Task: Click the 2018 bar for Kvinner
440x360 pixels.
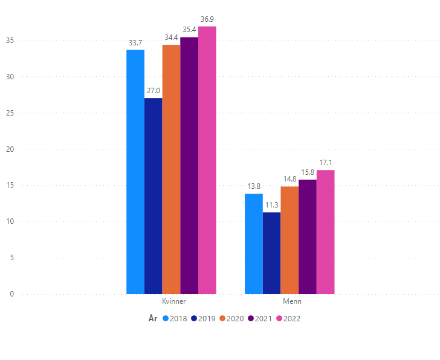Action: pyautogui.click(x=135, y=172)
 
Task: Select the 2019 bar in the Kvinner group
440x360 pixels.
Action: pyautogui.click(x=153, y=196)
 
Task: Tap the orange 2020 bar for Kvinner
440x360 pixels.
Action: pyautogui.click(x=171, y=169)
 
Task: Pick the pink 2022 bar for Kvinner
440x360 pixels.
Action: pyautogui.click(x=207, y=160)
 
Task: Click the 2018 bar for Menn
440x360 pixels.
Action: pyautogui.click(x=253, y=244)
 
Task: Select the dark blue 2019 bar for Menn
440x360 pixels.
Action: pyautogui.click(x=271, y=253)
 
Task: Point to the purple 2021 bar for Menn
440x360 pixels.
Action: pyautogui.click(x=308, y=237)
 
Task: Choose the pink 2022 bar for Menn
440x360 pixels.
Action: pyautogui.click(x=325, y=232)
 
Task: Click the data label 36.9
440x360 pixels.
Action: pyautogui.click(x=208, y=20)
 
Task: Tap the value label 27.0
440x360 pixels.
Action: pyautogui.click(x=154, y=91)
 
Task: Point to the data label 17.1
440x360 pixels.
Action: pyautogui.click(x=326, y=163)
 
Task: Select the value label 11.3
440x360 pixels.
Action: pyautogui.click(x=271, y=205)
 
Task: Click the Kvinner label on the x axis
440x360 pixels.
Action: pyautogui.click(x=173, y=301)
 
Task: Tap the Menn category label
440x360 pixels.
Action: pyautogui.click(x=292, y=301)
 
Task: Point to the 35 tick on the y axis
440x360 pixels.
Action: pyautogui.click(x=10, y=41)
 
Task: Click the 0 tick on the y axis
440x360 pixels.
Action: pyautogui.click(x=11, y=294)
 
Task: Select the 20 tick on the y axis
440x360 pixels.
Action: pyautogui.click(x=10, y=149)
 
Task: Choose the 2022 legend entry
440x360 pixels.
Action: pyautogui.click(x=288, y=318)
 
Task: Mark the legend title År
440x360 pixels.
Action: pyautogui.click(x=153, y=318)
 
